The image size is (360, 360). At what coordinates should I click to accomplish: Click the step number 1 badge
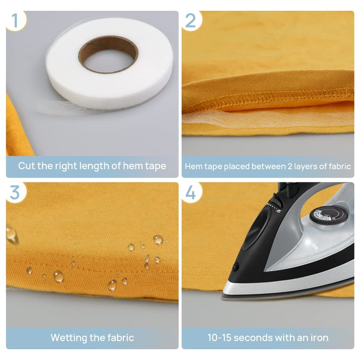[15, 20]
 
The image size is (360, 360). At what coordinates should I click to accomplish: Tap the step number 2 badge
[190, 20]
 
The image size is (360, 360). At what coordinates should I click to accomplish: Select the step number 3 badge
[15, 193]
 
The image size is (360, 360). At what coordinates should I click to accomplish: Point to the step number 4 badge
[190, 193]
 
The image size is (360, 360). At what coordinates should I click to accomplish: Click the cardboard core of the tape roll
[108, 54]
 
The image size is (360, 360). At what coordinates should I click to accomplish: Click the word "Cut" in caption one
[27, 166]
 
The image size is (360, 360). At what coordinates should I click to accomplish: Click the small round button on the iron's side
[235, 267]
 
